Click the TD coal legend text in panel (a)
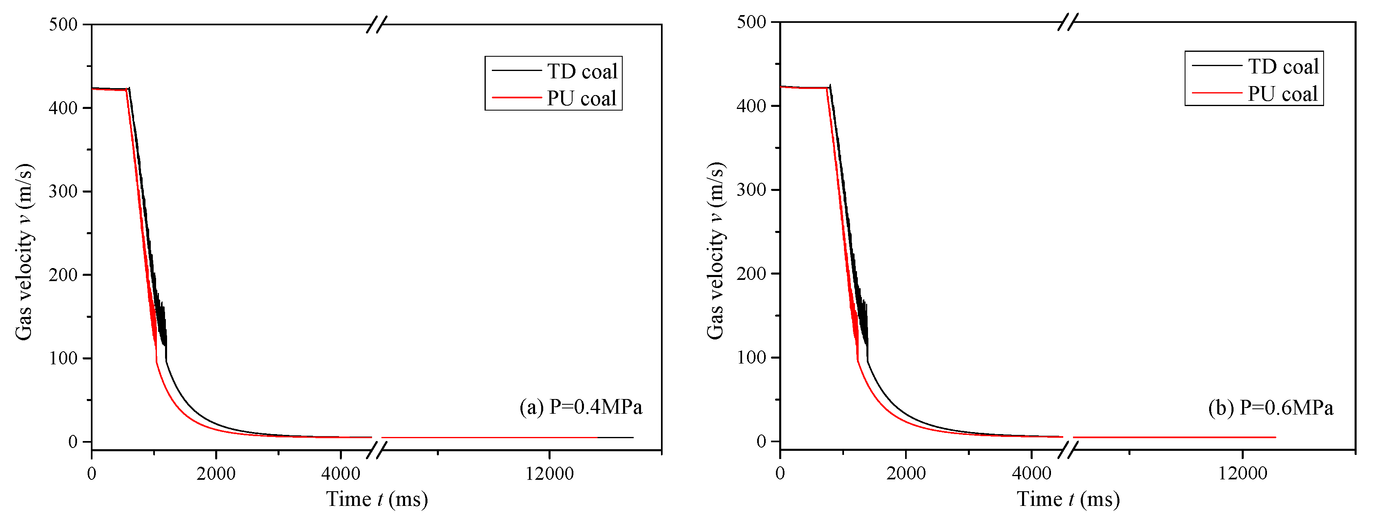[x=582, y=71]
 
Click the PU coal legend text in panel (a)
[x=581, y=98]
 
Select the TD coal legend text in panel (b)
[x=1283, y=67]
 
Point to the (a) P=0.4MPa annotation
[x=581, y=407]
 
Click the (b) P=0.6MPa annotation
[x=1270, y=408]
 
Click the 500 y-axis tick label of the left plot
[x=63, y=24]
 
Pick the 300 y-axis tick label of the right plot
[x=751, y=190]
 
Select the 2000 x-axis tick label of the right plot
[x=906, y=473]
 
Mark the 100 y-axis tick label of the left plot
[x=63, y=358]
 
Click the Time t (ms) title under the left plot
[x=377, y=499]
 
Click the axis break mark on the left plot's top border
[x=376, y=24]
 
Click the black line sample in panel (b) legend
[x=1216, y=65]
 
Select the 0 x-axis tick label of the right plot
[x=780, y=473]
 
